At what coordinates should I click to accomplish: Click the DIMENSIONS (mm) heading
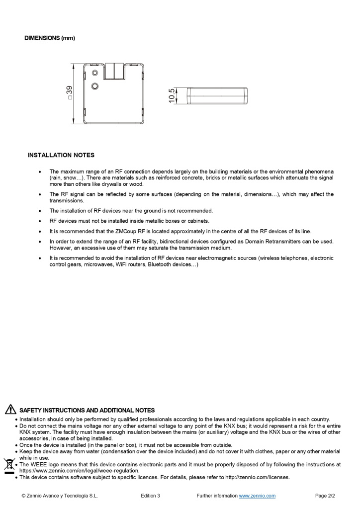50,38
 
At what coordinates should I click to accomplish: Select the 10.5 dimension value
172,96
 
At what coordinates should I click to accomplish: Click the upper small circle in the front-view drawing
95,73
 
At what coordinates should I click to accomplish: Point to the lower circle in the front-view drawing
95,86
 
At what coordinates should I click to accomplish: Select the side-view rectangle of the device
217,96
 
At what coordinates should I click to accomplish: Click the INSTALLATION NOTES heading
61,155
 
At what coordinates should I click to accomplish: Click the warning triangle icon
10,410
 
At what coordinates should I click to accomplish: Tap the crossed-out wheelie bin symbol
8,466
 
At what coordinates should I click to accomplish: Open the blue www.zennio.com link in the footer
257,496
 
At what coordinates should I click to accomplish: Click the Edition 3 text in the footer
150,496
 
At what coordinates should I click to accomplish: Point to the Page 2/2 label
325,496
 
